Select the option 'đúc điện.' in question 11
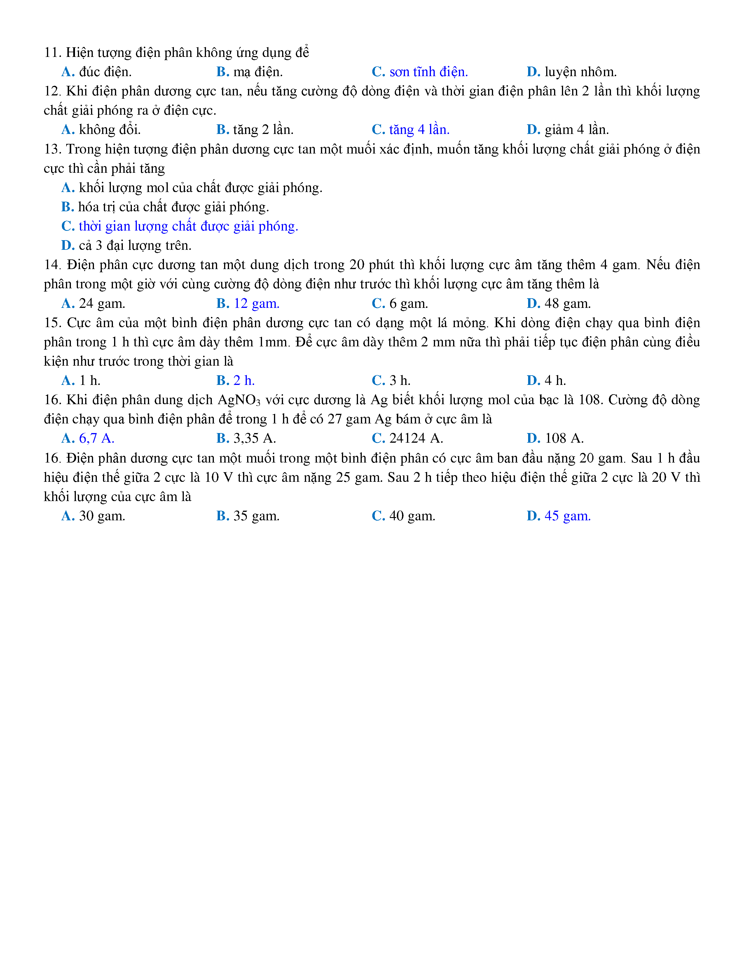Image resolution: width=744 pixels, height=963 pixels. [105, 72]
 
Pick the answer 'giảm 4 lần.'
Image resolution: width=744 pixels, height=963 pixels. [577, 130]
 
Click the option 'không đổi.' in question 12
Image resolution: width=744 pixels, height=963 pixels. [110, 130]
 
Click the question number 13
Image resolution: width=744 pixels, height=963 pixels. [52, 149]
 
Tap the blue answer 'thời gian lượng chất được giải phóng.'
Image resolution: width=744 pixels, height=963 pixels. [188, 226]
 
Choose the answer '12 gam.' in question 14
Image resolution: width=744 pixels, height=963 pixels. [256, 303]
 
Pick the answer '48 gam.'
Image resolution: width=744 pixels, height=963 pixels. [568, 303]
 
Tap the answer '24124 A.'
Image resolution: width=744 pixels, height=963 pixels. [416, 438]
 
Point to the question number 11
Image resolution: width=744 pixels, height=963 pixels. [52, 53]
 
